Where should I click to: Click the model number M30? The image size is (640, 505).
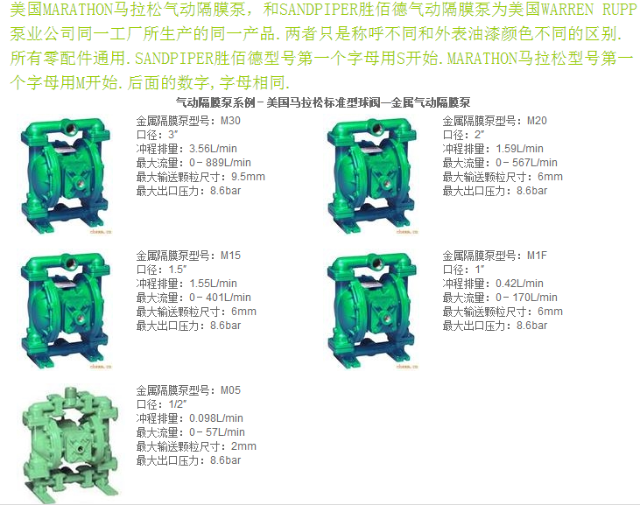(230, 121)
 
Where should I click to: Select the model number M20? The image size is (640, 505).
(537, 121)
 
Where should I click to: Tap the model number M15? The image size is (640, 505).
(230, 256)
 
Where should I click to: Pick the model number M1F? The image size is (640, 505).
(537, 256)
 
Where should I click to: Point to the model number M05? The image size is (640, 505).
(230, 390)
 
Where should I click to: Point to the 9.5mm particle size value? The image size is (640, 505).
(248, 177)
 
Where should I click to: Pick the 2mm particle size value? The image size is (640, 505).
(243, 445)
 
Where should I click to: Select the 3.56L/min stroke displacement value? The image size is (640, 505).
(213, 149)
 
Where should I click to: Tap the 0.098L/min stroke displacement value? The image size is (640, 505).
(216, 418)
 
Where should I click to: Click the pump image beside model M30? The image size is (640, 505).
(66, 175)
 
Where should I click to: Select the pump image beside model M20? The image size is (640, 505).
(372, 175)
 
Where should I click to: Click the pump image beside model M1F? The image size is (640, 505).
(372, 310)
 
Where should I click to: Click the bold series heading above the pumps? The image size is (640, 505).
(323, 102)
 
